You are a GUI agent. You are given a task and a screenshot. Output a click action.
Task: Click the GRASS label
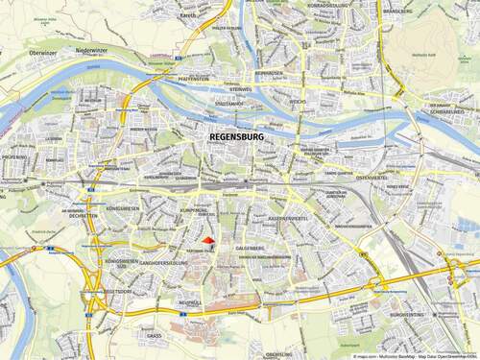click(x=154, y=336)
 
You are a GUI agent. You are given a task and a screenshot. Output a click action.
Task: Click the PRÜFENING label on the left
click(x=14, y=156)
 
